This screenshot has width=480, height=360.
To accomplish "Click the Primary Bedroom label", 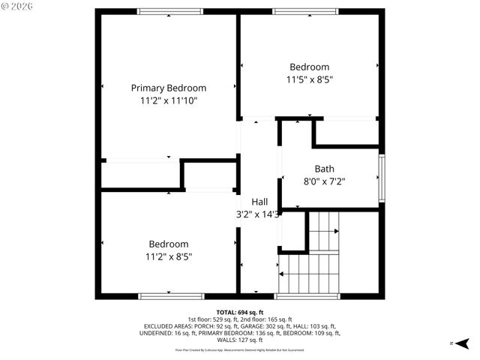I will pyautogui.click(x=168, y=88).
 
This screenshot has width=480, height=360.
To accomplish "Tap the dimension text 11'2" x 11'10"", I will pyautogui.click(x=168, y=100).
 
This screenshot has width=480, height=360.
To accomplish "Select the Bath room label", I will pyautogui.click(x=325, y=169).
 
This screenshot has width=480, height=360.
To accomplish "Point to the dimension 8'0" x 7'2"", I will pyautogui.click(x=325, y=181).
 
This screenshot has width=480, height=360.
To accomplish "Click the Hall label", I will pyautogui.click(x=259, y=202).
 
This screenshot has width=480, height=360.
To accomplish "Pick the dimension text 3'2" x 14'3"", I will pyautogui.click(x=258, y=214).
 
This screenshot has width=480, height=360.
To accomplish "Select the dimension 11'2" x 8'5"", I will pyautogui.click(x=168, y=256).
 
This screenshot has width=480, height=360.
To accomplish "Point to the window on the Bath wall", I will pyautogui.click(x=382, y=178).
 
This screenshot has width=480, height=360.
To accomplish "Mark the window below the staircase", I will pyautogui.click(x=307, y=296).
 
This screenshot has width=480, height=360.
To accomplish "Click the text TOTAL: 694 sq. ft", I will pyautogui.click(x=239, y=312).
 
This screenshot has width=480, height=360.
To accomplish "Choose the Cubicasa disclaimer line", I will pyautogui.click(x=239, y=349).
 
